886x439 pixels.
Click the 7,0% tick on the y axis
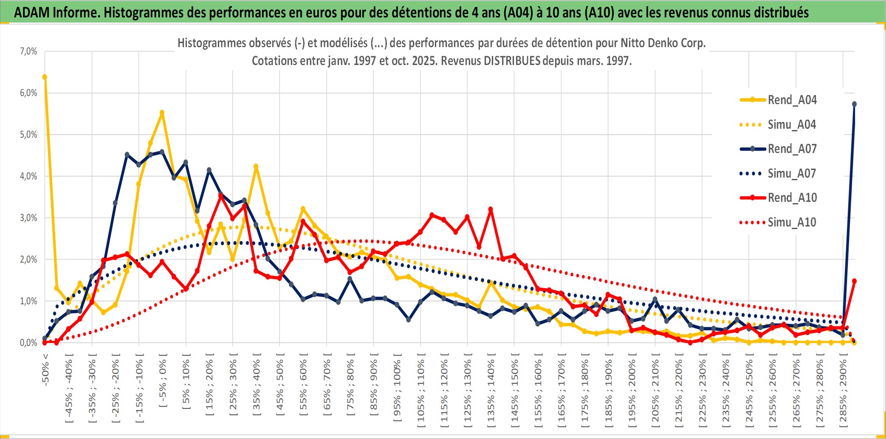click(28, 51)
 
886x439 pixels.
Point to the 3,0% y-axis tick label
click(28, 218)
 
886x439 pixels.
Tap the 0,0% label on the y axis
click(28, 343)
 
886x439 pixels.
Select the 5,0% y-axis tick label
click(28, 135)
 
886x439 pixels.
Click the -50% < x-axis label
click(45, 369)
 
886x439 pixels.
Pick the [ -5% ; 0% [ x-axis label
click(163, 380)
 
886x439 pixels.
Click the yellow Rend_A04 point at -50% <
click(45, 77)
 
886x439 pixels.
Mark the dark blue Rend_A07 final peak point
click(854, 104)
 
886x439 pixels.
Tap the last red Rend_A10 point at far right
click(854, 281)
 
